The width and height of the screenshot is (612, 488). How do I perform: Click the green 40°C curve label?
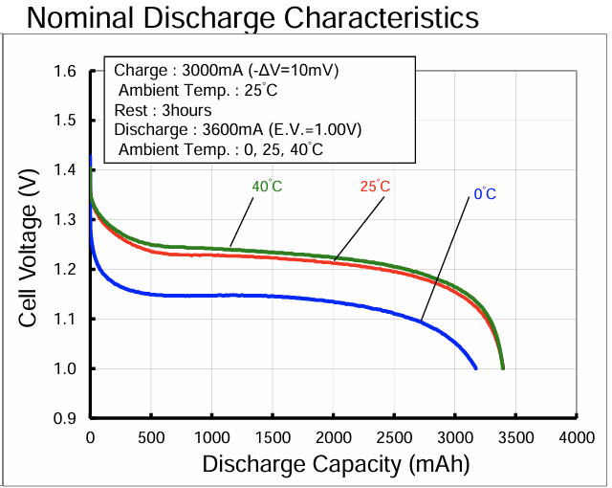(x=267, y=186)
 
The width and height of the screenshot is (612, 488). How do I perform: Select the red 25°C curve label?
(x=375, y=186)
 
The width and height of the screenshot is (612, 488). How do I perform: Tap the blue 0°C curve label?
(x=485, y=194)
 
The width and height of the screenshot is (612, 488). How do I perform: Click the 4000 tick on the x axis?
(x=577, y=437)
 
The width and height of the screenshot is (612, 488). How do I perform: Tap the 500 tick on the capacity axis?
(x=150, y=437)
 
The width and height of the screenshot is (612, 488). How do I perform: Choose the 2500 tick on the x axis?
(x=394, y=437)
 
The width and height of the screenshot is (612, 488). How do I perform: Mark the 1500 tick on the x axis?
(x=273, y=437)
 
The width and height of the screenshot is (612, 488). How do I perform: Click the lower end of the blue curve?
(x=475, y=367)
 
